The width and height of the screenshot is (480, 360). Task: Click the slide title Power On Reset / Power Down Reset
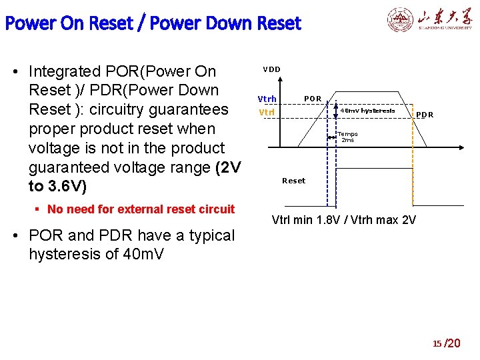click(x=153, y=24)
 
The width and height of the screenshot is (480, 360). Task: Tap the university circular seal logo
click(x=400, y=20)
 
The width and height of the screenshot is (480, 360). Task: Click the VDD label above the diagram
click(x=271, y=69)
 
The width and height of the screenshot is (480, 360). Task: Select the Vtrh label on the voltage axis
click(x=267, y=99)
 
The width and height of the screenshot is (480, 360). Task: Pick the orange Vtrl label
click(x=267, y=112)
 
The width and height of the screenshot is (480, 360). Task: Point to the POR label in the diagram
click(x=313, y=99)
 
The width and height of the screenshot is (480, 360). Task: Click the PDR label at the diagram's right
click(x=425, y=115)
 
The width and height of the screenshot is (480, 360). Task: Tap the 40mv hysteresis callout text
click(x=367, y=111)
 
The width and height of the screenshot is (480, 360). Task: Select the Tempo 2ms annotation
click(x=349, y=137)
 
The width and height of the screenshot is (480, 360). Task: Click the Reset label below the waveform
click(x=293, y=181)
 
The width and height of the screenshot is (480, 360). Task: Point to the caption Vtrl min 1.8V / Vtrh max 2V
click(x=344, y=219)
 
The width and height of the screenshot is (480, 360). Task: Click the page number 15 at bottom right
click(x=437, y=344)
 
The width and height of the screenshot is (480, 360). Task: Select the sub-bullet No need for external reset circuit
click(x=141, y=209)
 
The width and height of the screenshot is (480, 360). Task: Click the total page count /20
click(x=453, y=343)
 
